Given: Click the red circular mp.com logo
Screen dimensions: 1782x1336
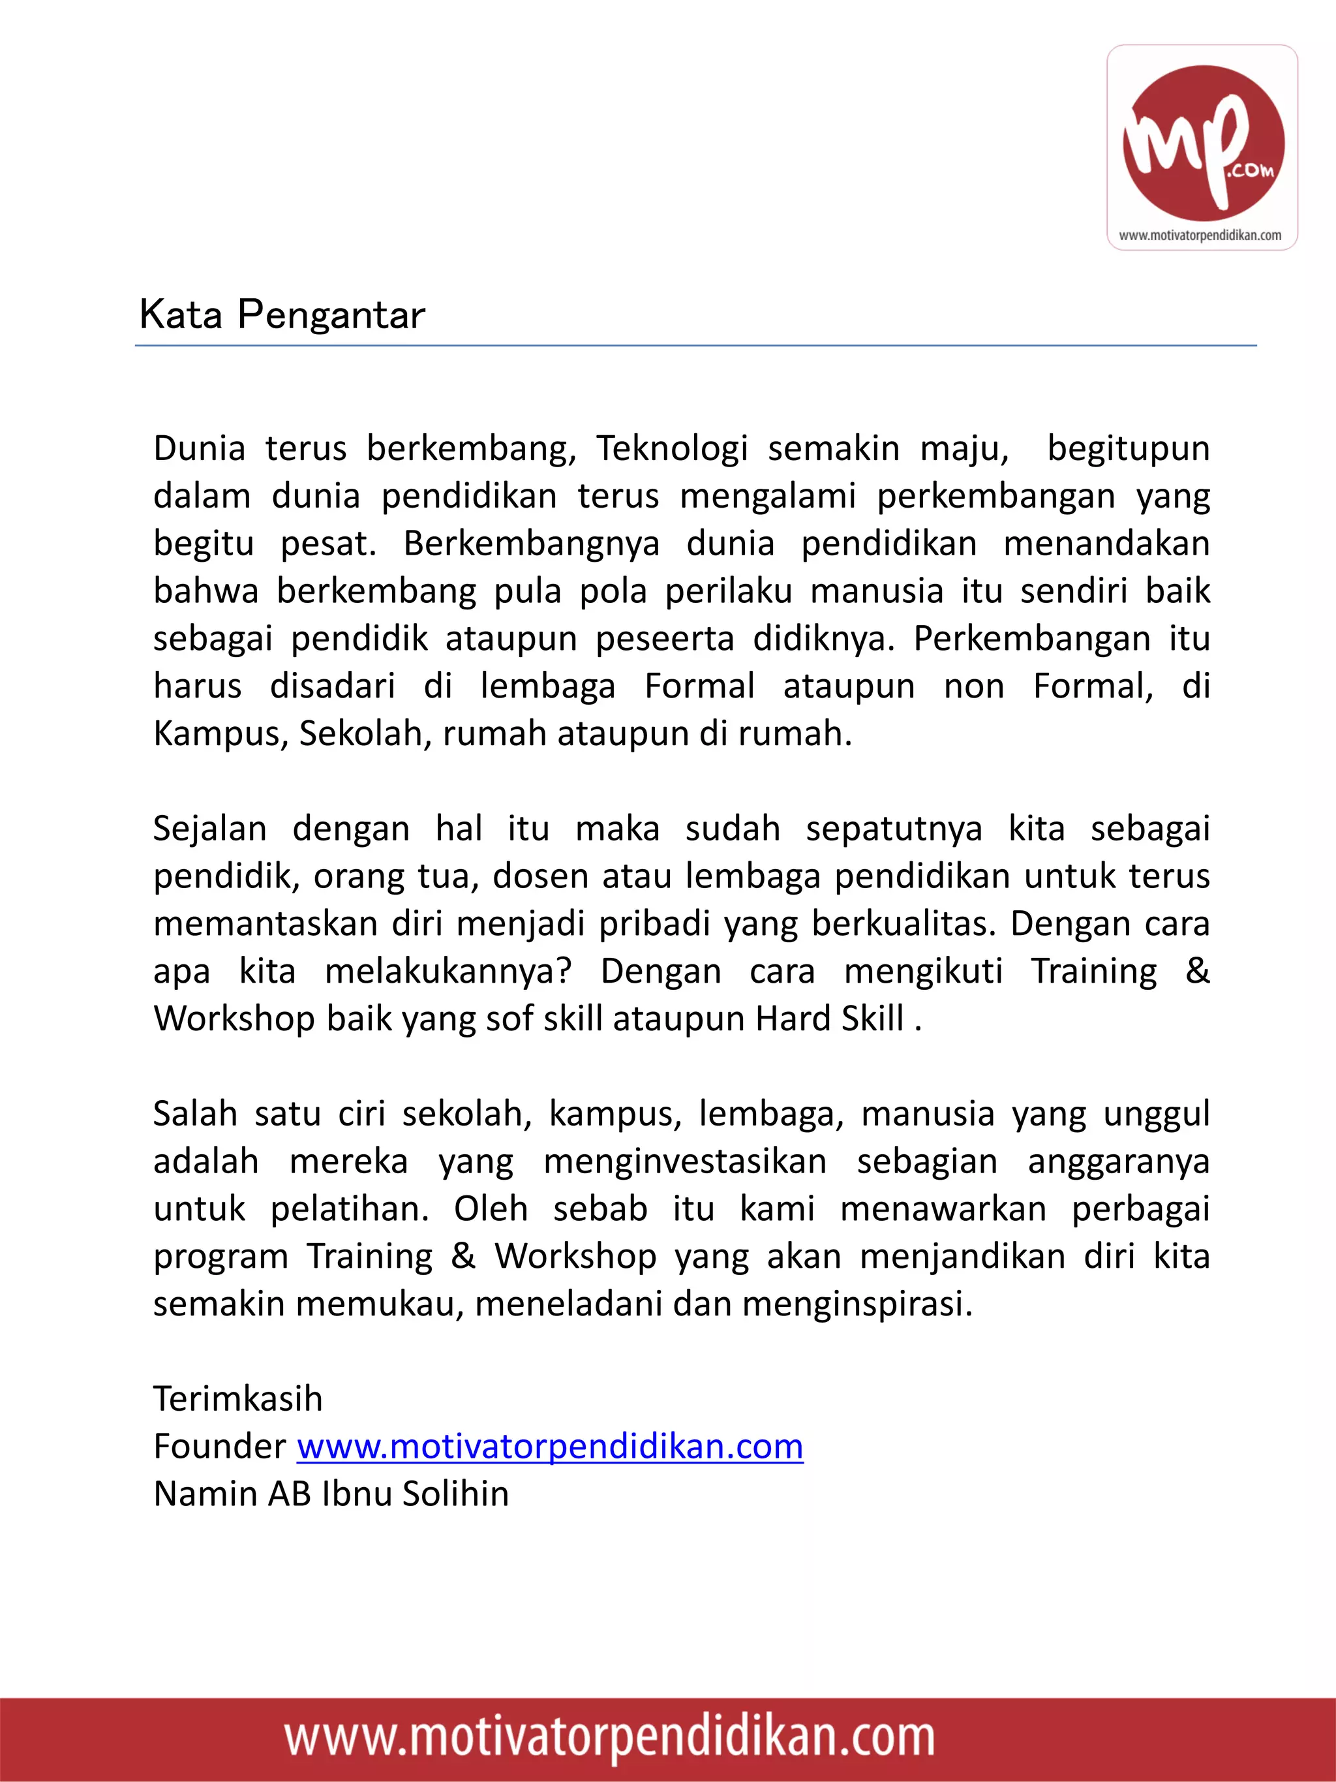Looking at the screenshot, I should [x=1203, y=143].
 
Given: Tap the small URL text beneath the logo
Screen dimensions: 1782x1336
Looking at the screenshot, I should [x=1200, y=236].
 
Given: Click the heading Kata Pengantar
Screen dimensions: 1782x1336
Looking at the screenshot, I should [x=282, y=315].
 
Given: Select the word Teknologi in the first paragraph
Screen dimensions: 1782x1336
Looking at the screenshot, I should [x=672, y=449].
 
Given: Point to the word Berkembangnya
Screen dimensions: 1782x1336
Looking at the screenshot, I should [x=531, y=544].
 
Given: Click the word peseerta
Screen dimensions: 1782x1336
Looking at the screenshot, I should [x=664, y=639].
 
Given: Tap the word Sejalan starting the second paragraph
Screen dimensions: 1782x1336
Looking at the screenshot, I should [x=209, y=829].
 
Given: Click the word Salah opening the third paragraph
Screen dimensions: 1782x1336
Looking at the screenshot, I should [x=195, y=1114].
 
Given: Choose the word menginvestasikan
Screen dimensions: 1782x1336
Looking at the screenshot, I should [x=684, y=1161].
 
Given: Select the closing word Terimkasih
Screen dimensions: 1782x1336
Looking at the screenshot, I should [x=237, y=1400].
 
